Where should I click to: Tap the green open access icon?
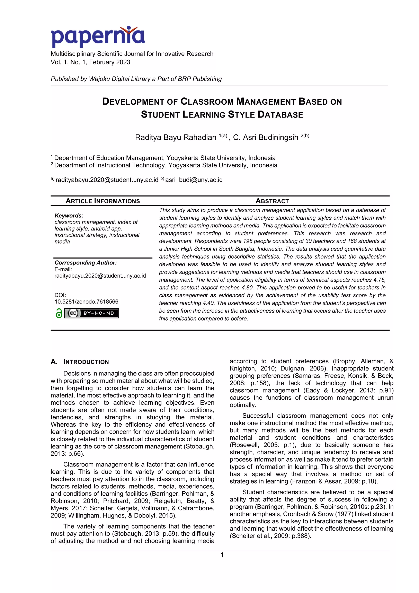pos(59,313)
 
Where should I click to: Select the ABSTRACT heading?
pos(272,201)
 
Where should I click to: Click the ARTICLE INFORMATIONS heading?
pos(102,201)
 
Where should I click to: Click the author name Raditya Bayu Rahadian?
pos(176,137)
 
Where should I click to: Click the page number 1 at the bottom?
pos(222,555)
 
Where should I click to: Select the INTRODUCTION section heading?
pos(86,362)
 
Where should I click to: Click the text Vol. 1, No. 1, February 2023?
pos(90,62)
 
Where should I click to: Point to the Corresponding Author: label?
pos(86,263)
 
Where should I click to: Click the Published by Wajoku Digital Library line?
pos(136,79)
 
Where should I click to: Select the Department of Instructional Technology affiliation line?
pos(165,165)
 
